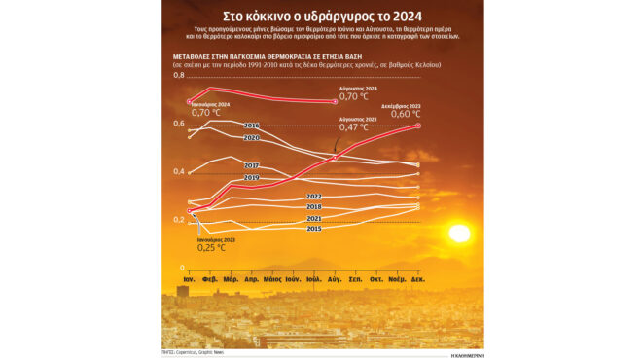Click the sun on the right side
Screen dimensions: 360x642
[458, 234]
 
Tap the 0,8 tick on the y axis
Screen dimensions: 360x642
[179, 75]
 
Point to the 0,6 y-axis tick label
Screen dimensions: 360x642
[179, 123]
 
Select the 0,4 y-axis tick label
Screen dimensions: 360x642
[179, 171]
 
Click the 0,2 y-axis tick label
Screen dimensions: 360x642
[179, 220]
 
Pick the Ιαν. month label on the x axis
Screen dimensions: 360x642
[189, 278]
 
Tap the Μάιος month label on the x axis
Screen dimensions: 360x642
[272, 278]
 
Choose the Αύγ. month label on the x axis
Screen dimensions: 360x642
[336, 278]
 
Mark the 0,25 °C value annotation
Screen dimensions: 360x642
[211, 248]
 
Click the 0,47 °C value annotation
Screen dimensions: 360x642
[352, 127]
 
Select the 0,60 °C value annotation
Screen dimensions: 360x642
[406, 114]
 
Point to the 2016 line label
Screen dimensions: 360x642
[250, 126]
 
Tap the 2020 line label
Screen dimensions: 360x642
[250, 138]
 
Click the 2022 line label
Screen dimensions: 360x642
[314, 197]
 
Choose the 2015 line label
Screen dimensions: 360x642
[314, 229]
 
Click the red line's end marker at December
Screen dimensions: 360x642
[418, 126]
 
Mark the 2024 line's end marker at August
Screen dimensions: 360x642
[336, 101]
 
